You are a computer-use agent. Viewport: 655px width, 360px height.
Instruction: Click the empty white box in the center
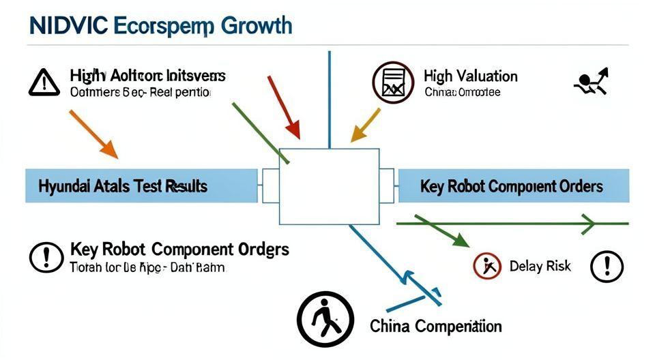click(x=329, y=186)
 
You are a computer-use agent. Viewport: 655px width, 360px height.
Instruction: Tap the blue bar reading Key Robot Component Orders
click(x=512, y=186)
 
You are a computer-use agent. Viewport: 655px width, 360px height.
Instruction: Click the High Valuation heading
click(x=470, y=76)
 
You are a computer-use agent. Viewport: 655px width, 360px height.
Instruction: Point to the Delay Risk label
click(x=540, y=265)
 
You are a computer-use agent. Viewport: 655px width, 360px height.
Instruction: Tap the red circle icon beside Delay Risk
click(x=487, y=266)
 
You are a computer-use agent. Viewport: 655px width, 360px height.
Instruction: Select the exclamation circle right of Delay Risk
click(x=607, y=266)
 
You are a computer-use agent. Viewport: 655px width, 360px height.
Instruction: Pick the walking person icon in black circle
click(x=325, y=319)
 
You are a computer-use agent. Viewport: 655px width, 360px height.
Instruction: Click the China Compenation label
click(x=435, y=326)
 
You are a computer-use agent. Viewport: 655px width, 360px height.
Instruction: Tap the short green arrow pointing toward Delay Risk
click(x=443, y=232)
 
